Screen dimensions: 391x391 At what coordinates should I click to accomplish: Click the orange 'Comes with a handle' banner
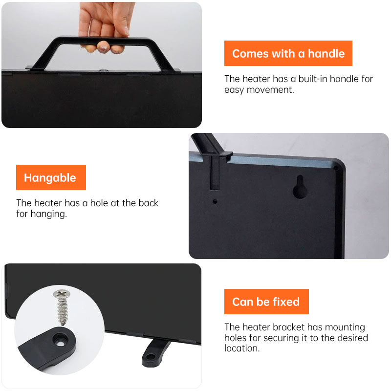click(x=288, y=53)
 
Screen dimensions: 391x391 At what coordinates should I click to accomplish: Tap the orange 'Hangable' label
click(x=51, y=177)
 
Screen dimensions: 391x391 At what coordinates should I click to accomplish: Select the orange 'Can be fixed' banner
click(x=266, y=302)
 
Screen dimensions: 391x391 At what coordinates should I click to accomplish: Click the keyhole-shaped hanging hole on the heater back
click(x=300, y=187)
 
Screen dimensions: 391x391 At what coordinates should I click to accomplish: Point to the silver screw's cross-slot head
click(x=62, y=293)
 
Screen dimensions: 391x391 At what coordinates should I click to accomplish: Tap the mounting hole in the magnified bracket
click(x=60, y=344)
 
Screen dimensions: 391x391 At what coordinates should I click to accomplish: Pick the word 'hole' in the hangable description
click(x=99, y=203)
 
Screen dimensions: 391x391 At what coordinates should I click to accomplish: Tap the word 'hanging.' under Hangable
click(x=48, y=214)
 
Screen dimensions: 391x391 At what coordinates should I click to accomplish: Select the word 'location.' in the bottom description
click(x=242, y=348)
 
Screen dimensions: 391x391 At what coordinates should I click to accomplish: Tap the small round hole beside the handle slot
click(x=215, y=201)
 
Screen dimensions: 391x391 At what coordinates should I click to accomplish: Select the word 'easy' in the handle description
click(x=234, y=90)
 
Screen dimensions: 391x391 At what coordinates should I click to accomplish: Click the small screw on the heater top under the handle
click(x=103, y=70)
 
